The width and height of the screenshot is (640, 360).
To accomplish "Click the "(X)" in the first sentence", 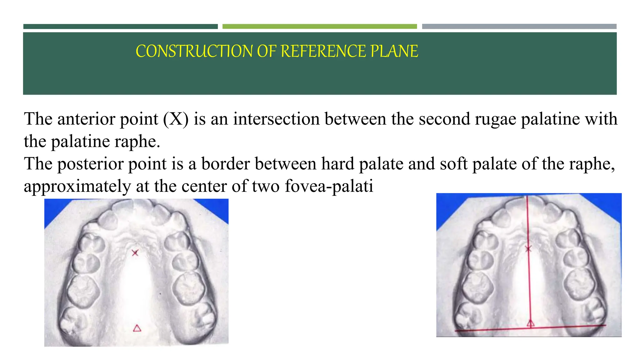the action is coord(176,119).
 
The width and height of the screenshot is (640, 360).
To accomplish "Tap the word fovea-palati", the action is coord(329,187).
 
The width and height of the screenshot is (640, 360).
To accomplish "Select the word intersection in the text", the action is coord(276,119).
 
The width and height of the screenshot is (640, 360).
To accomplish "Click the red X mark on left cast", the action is coord(135,253).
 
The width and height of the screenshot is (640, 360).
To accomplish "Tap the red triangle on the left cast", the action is coord(137,328).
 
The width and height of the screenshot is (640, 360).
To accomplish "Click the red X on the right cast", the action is coord(528,249).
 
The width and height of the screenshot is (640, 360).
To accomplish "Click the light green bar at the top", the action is coord(319,27).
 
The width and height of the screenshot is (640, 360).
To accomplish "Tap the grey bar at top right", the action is coord(519,27).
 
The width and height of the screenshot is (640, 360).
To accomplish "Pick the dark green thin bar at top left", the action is coord(120,27).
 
